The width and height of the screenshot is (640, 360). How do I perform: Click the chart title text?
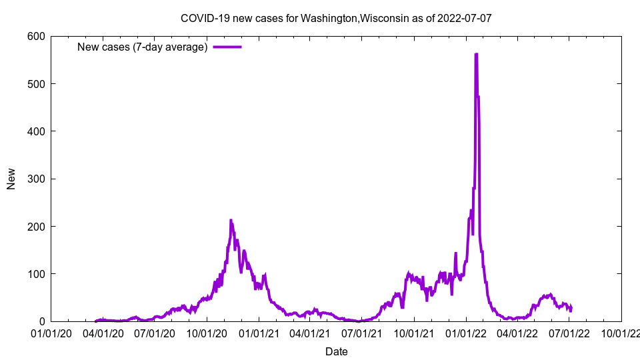click(x=336, y=18)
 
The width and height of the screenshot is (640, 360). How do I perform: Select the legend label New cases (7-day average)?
click(x=142, y=47)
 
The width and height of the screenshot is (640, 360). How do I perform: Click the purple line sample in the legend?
click(x=227, y=47)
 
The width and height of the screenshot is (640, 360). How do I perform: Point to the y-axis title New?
click(x=11, y=179)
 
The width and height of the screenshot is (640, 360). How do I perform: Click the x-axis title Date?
click(x=336, y=351)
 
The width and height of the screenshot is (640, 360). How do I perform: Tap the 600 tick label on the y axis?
click(x=36, y=36)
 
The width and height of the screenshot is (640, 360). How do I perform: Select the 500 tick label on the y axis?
click(x=36, y=83)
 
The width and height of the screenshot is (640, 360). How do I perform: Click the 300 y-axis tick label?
click(x=36, y=179)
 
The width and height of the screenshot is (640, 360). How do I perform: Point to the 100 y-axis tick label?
click(x=36, y=274)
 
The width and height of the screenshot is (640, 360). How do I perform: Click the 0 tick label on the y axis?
click(x=41, y=321)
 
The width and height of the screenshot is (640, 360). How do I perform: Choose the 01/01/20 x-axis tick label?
click(x=51, y=333)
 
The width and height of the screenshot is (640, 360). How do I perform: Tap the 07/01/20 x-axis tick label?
click(x=155, y=333)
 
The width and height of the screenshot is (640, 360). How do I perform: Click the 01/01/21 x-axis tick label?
click(x=259, y=333)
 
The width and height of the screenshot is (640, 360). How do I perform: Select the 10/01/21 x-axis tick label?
click(x=413, y=333)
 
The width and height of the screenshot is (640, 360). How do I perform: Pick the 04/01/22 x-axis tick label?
click(x=517, y=333)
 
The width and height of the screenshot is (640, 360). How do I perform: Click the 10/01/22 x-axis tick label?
click(x=621, y=333)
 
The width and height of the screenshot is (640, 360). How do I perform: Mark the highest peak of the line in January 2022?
click(x=476, y=54)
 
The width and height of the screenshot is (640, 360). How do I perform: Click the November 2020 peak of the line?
click(x=231, y=220)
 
